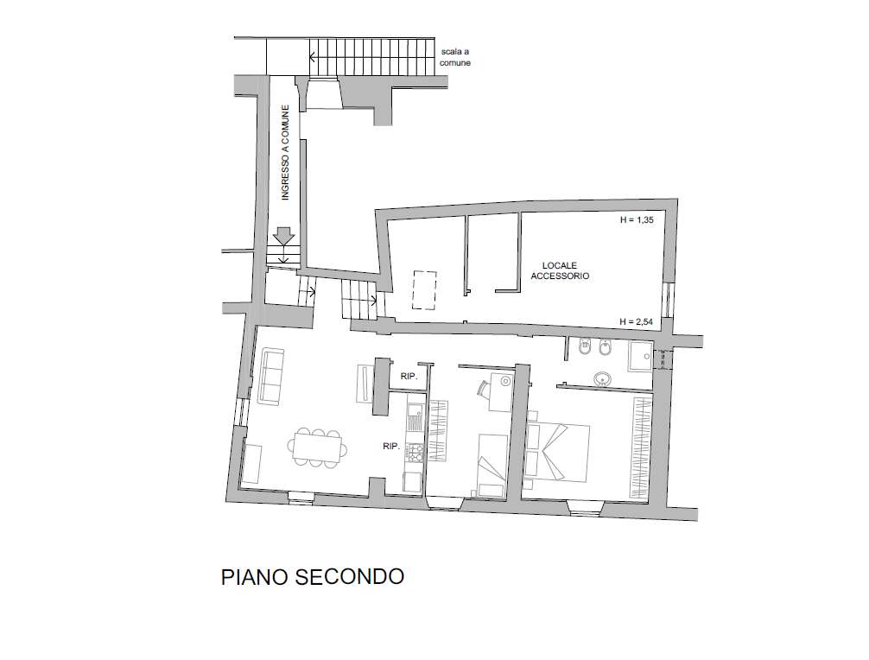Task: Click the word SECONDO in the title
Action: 349,577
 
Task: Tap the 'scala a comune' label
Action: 455,57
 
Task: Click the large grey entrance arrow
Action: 284,236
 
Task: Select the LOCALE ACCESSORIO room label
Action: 560,270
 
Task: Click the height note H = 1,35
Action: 637,220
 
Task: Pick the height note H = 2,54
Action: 637,321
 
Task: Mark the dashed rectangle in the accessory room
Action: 424,290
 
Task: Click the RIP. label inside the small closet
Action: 409,377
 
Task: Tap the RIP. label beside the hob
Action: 391,446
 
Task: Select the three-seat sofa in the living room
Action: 271,377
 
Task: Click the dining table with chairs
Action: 318,447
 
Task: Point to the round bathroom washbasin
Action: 602,379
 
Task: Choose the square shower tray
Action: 641,356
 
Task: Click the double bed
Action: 557,452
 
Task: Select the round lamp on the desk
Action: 505,381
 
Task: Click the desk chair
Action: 482,387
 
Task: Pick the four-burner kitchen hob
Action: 415,452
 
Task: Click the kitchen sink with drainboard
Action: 415,417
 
